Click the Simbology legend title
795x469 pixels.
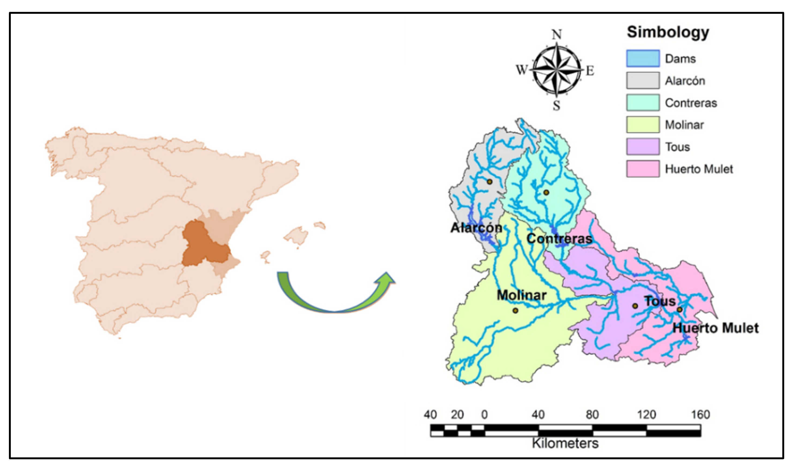[x=668, y=32]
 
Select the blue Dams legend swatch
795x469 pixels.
[x=643, y=58]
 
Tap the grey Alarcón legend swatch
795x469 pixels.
[x=643, y=81]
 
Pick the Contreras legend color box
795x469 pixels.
[x=643, y=103]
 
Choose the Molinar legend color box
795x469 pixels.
[x=643, y=125]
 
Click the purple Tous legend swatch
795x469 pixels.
[x=643, y=147]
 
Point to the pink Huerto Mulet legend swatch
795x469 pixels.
[x=643, y=169]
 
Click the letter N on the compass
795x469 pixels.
[x=557, y=34]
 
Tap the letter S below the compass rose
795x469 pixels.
[x=557, y=105]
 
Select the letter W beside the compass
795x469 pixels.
[x=521, y=69]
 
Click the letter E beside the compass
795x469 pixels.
[x=590, y=71]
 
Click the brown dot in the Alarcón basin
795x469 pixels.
[x=489, y=182]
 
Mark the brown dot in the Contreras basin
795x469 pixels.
[x=546, y=192]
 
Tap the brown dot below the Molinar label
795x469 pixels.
[x=515, y=311]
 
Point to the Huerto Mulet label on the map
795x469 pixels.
[x=715, y=328]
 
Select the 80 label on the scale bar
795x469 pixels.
[x=592, y=414]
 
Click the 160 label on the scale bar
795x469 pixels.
[x=700, y=414]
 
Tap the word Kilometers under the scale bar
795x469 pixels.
[x=565, y=443]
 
